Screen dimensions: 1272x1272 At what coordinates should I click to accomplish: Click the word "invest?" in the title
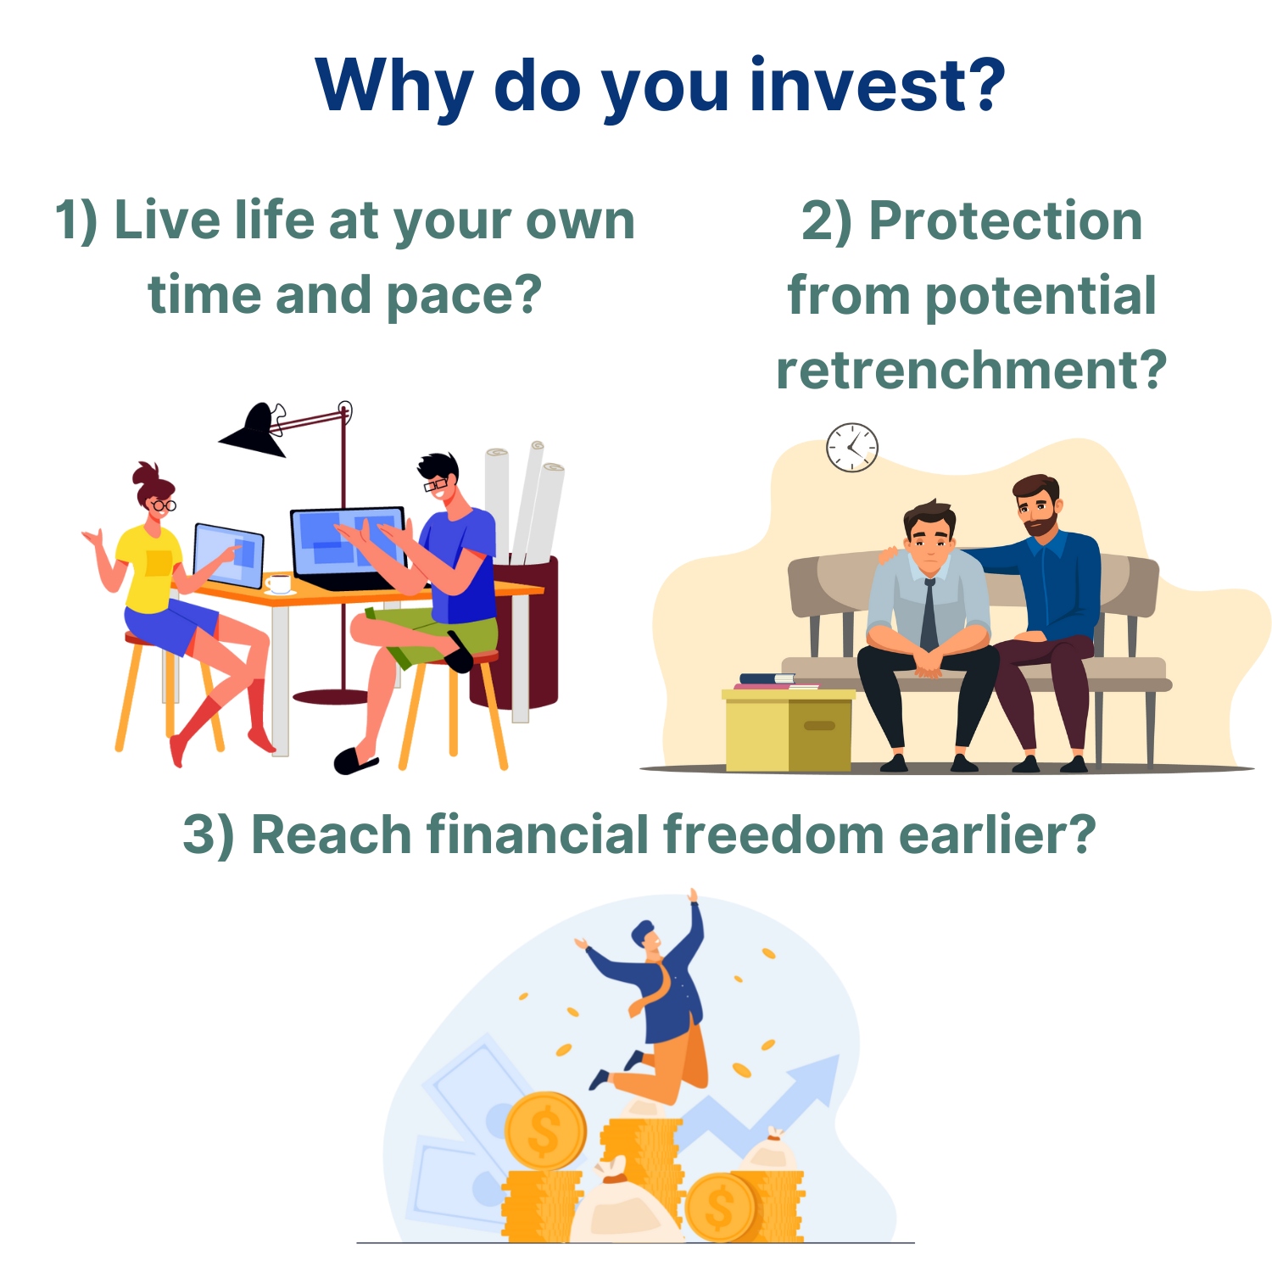pos(878,86)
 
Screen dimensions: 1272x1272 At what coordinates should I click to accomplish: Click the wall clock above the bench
pos(852,447)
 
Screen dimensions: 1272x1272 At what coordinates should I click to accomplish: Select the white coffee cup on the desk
pos(278,583)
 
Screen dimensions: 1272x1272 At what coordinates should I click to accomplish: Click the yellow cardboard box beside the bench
pos(789,730)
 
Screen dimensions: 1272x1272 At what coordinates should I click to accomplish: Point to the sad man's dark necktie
pos(929,616)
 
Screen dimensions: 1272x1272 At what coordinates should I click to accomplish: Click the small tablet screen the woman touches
pos(228,555)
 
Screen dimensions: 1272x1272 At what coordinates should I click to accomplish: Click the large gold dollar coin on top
pos(545,1131)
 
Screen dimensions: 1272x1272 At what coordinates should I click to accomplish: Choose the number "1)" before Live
pos(76,221)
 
